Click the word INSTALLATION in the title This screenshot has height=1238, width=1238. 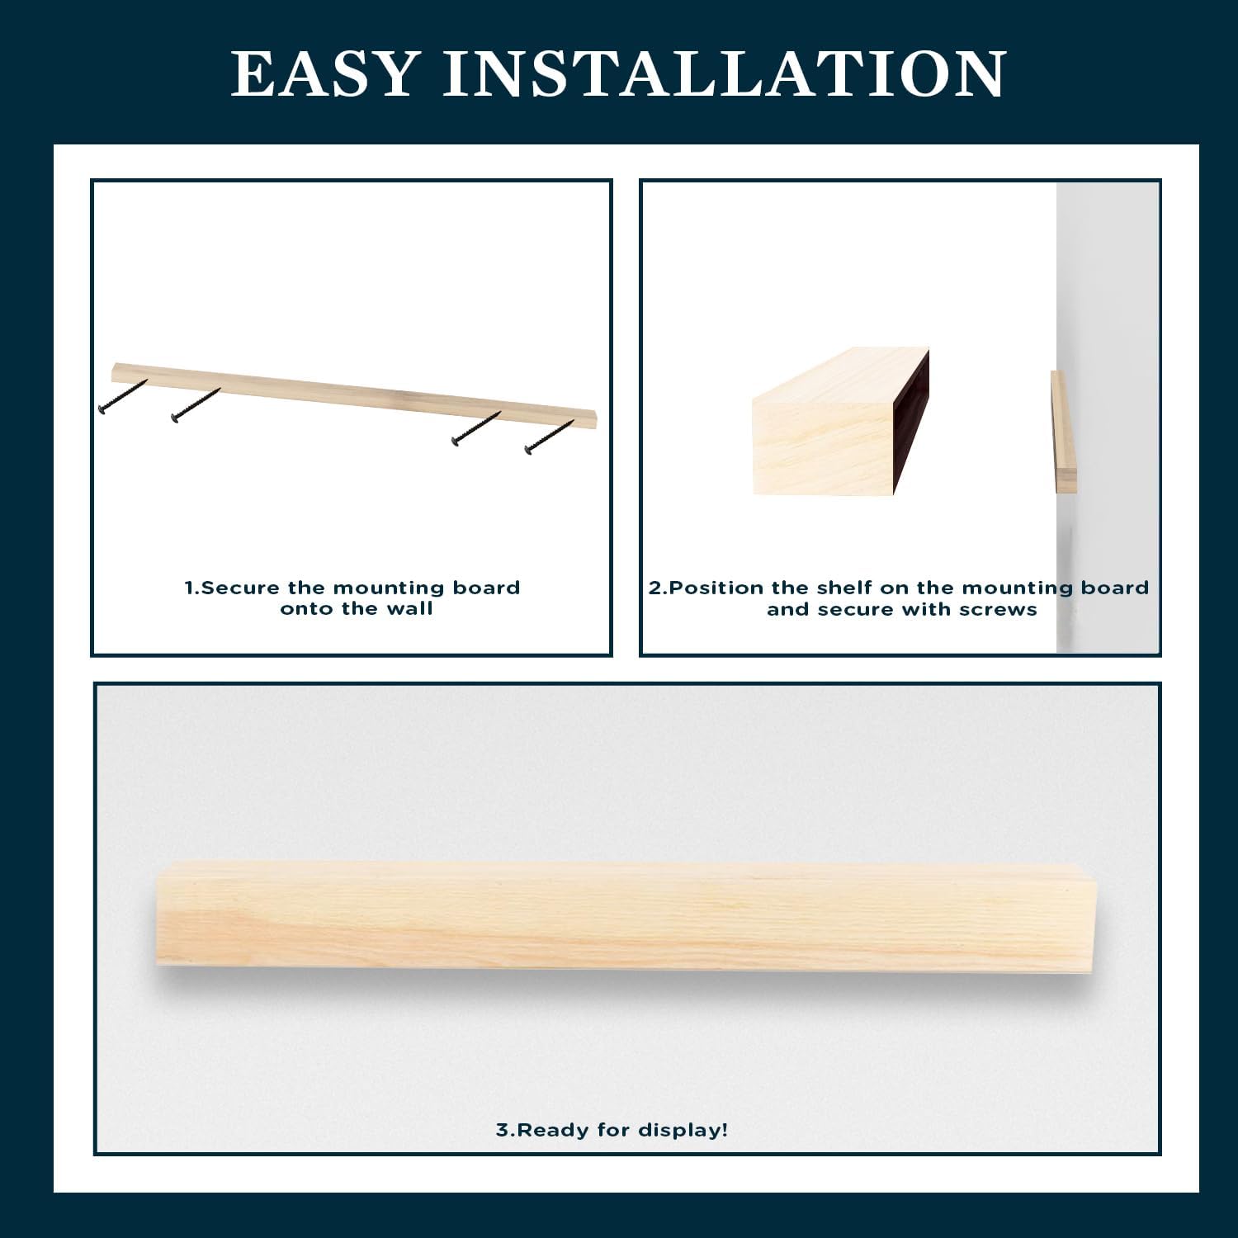pyautogui.click(x=725, y=73)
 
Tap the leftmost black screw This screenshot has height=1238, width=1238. pyautogui.click(x=122, y=396)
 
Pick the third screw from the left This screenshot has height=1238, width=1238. pyautogui.click(x=476, y=428)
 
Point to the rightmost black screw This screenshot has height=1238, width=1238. pyautogui.click(x=549, y=437)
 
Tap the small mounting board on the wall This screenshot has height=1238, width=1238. pyautogui.click(x=1063, y=432)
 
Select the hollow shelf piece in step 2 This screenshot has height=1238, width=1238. pyautogui.click(x=840, y=422)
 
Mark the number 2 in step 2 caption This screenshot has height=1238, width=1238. pyautogui.click(x=655, y=588)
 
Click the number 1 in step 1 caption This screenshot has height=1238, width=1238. pyautogui.click(x=190, y=588)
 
